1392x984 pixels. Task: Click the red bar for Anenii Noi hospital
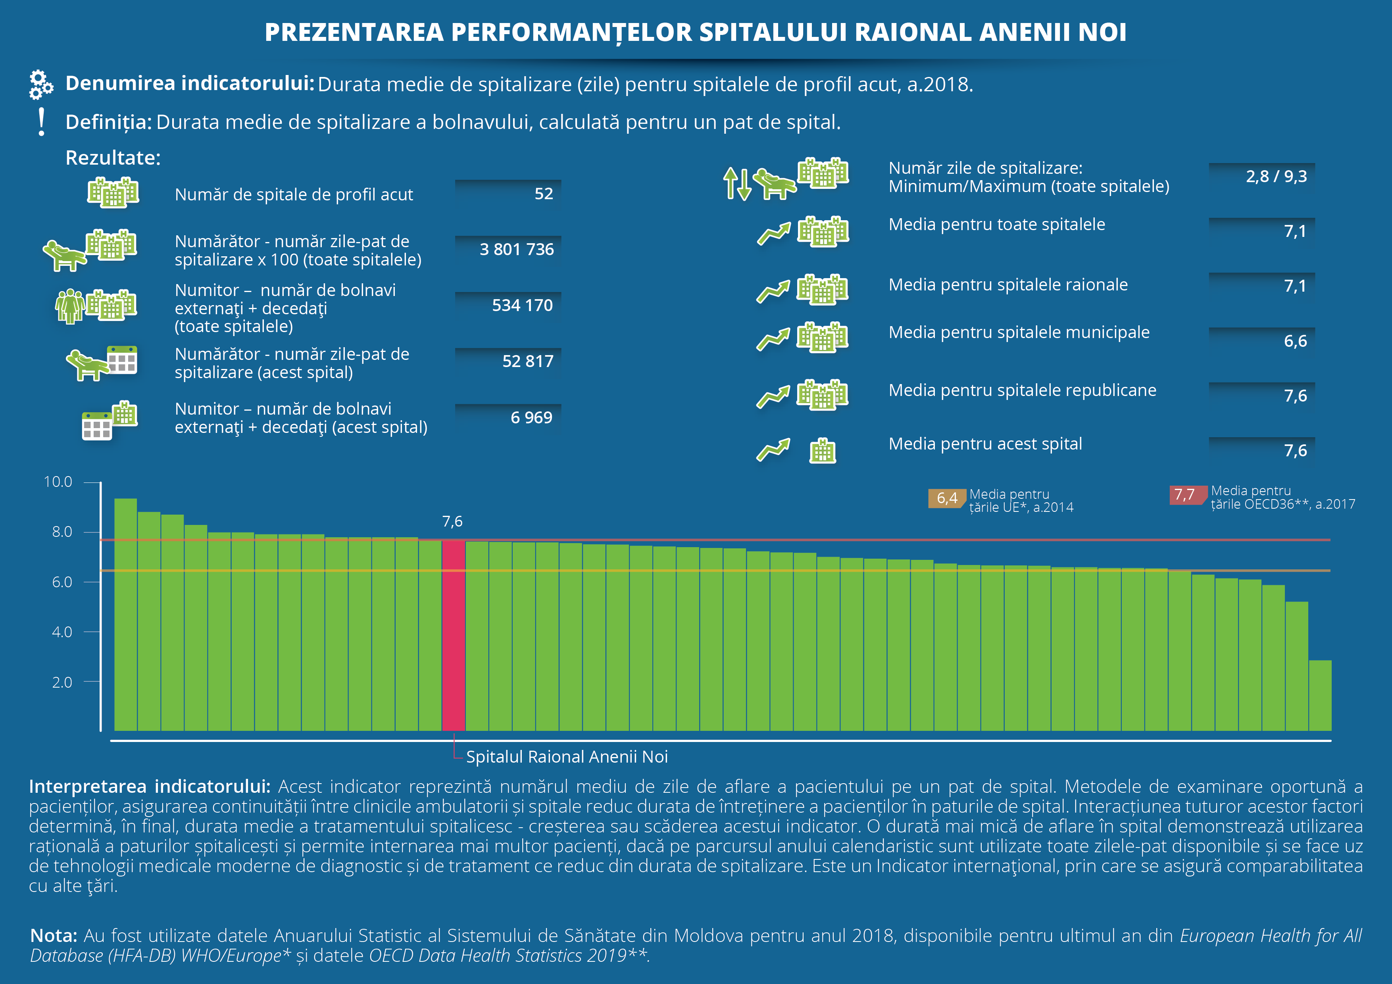point(454,635)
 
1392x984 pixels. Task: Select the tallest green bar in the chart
point(125,615)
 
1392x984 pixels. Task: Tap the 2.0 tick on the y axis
point(92,682)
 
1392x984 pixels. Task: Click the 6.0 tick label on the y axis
point(62,582)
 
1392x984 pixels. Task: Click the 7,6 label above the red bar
point(452,521)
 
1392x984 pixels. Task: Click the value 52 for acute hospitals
point(544,194)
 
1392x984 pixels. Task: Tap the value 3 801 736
point(517,249)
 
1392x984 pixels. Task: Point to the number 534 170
point(522,305)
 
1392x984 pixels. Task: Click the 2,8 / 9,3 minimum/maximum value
point(1276,177)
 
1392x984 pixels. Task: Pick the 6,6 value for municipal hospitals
point(1296,341)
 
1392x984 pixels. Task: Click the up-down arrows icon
point(737,184)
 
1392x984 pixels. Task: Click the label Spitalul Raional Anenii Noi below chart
point(567,757)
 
